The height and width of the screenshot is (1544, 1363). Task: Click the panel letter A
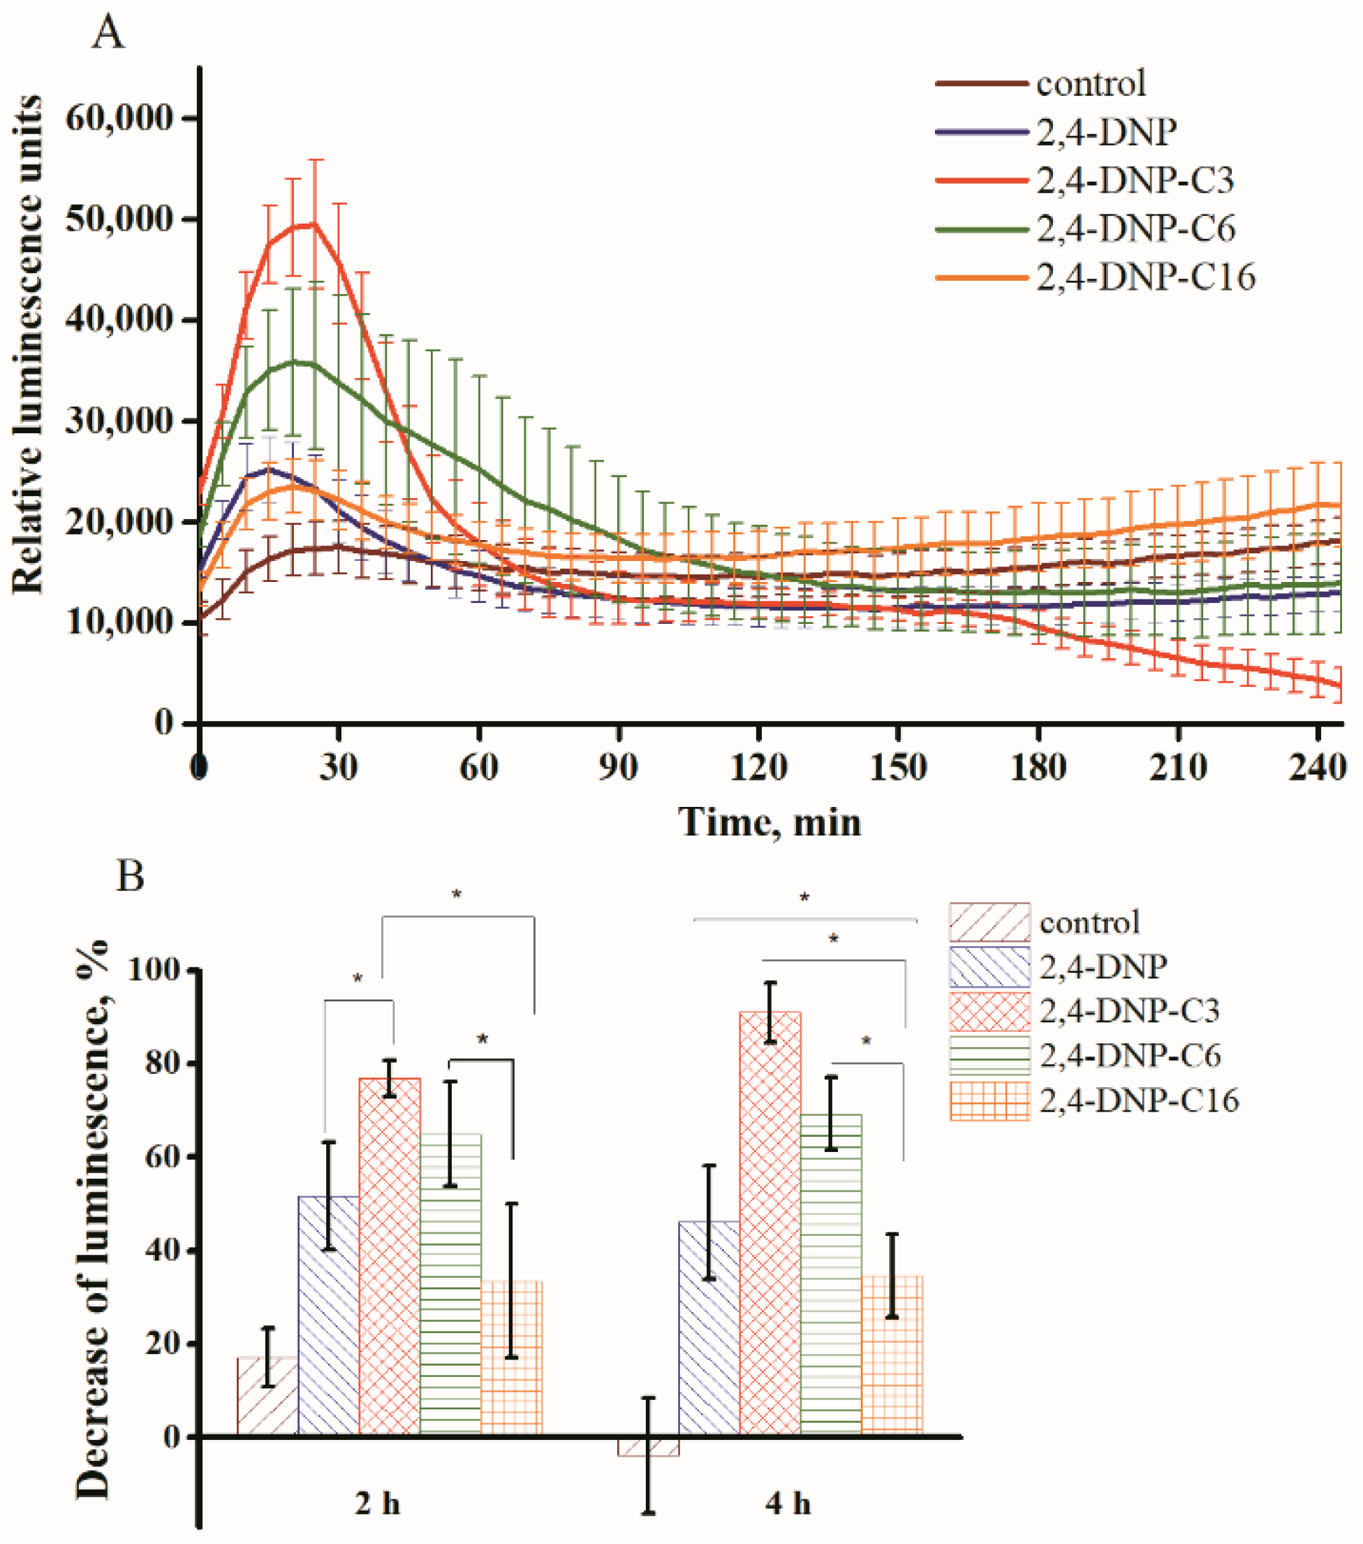(108, 34)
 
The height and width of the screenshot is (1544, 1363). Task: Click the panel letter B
(130, 877)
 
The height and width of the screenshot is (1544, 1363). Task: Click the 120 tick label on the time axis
(758, 769)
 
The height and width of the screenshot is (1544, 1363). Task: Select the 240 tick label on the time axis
(1318, 769)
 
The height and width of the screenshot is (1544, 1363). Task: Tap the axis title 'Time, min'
(770, 821)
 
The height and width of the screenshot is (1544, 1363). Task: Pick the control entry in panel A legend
(1091, 83)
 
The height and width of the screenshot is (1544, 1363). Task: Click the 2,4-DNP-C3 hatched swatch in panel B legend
(989, 1012)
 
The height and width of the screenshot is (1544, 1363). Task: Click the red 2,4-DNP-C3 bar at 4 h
(770, 1224)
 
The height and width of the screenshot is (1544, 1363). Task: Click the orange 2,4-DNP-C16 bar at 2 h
(511, 1360)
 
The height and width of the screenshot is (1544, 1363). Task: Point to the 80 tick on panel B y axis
(163, 1063)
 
